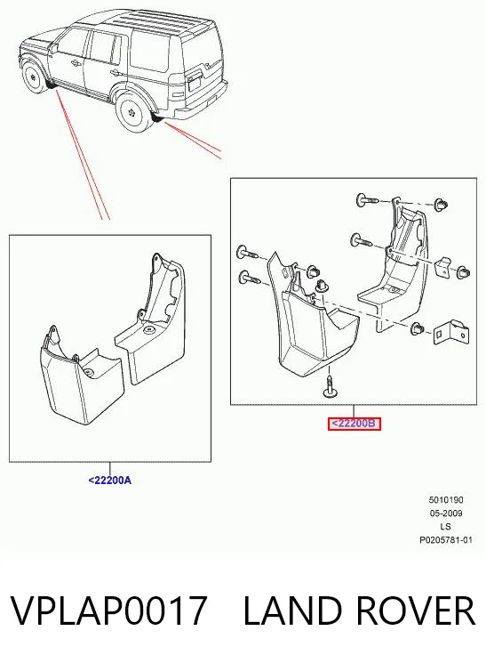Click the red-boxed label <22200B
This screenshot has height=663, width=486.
pyautogui.click(x=355, y=424)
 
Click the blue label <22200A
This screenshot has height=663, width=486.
pyautogui.click(x=110, y=481)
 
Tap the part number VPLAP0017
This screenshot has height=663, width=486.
pyautogui.click(x=109, y=610)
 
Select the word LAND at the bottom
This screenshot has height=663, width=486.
pyautogui.click(x=292, y=610)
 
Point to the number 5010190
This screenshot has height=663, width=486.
pyautogui.click(x=446, y=500)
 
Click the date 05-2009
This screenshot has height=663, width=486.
pyautogui.click(x=446, y=513)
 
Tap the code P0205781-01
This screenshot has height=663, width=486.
pyautogui.click(x=446, y=540)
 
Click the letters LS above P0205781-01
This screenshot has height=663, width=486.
pyautogui.click(x=446, y=527)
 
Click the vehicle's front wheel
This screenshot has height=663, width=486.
pyautogui.click(x=33, y=77)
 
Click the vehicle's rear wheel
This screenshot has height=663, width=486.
pyautogui.click(x=131, y=112)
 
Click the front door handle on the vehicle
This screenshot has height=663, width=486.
pyautogui.click(x=76, y=63)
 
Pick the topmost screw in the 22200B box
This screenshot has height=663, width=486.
pyautogui.click(x=367, y=200)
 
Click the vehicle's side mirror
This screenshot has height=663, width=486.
pyautogui.click(x=52, y=47)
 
